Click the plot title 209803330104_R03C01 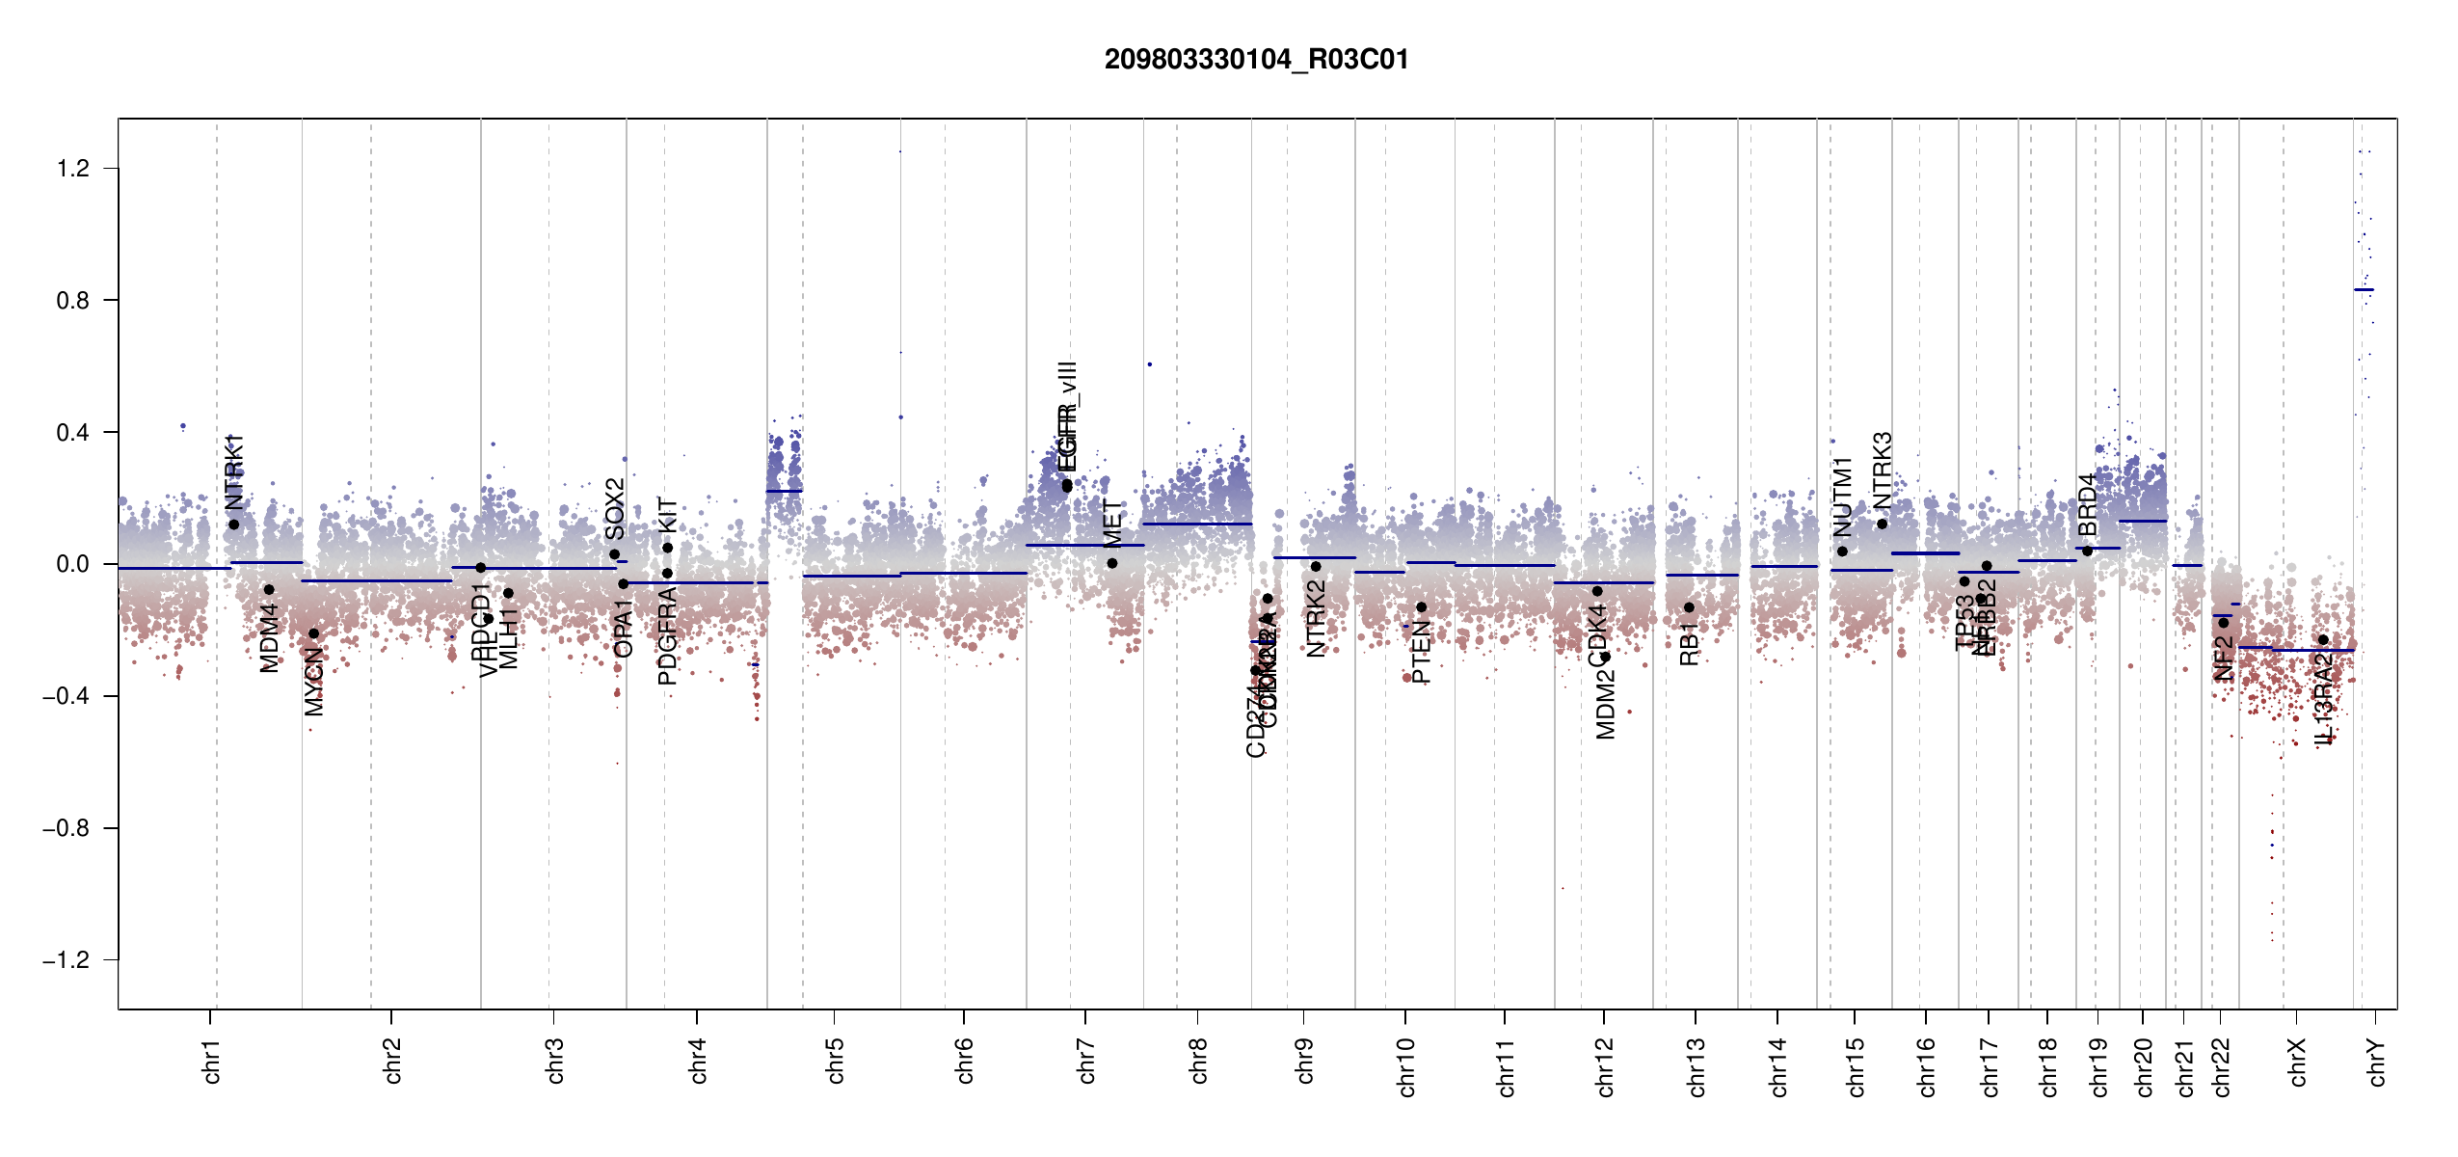(x=1256, y=60)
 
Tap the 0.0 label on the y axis (x=73, y=564)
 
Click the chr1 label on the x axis (x=211, y=1061)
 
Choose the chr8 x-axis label (x=1198, y=1061)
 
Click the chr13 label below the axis (x=1696, y=1066)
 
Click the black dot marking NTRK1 (x=233, y=525)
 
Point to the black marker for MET (x=1112, y=563)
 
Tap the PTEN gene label (x=1421, y=652)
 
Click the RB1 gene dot (x=1689, y=607)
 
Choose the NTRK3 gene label (x=1883, y=470)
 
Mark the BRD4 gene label (x=2088, y=503)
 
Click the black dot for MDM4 (x=269, y=589)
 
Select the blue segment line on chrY (x=2364, y=289)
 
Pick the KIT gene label (x=668, y=515)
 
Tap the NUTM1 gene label (x=1843, y=497)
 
